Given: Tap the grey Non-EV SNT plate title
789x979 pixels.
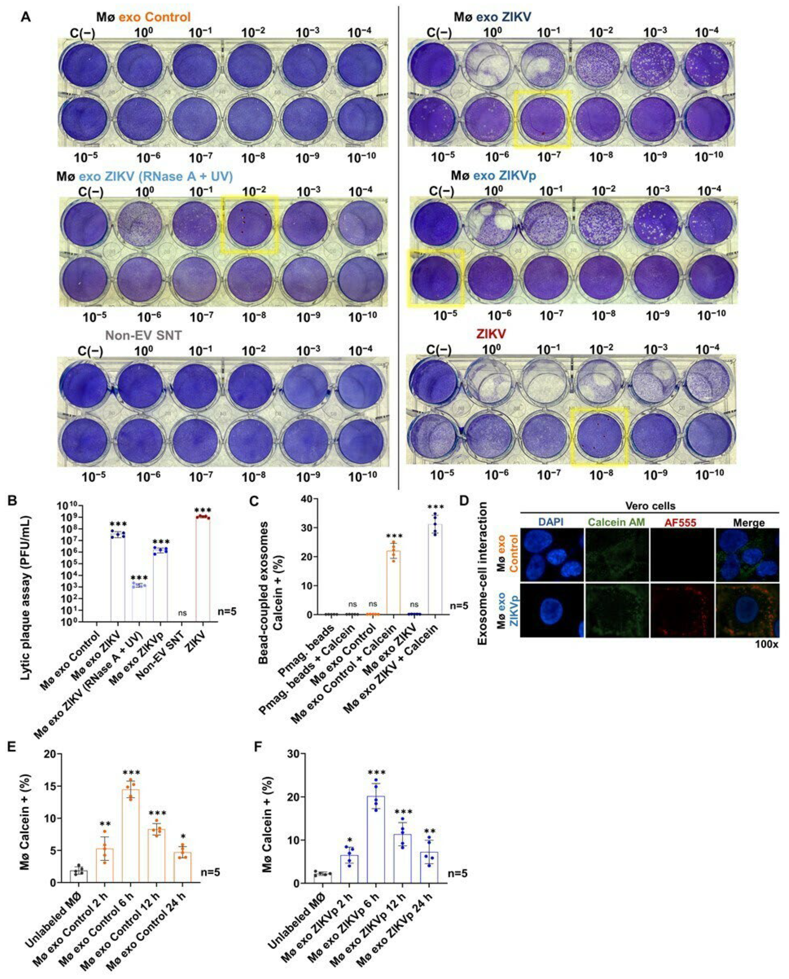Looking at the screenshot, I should [x=144, y=335].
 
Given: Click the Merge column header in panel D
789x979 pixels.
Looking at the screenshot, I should [x=748, y=523].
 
